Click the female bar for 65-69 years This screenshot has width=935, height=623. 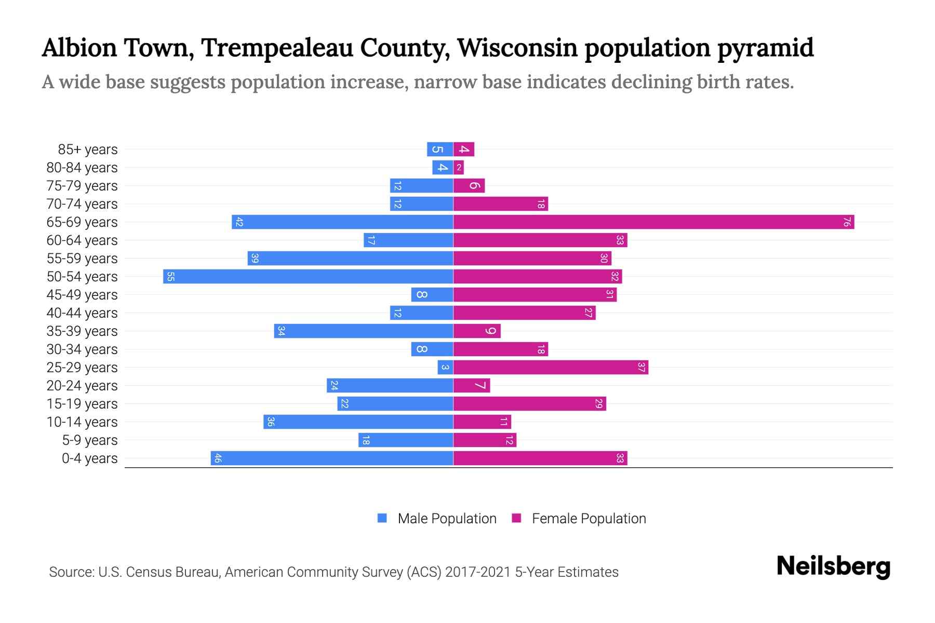653,222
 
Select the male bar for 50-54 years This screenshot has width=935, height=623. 308,277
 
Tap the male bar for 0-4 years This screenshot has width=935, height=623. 332,458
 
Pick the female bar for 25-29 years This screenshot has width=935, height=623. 551,368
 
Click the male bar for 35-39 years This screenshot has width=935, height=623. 364,331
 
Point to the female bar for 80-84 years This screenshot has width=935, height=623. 459,168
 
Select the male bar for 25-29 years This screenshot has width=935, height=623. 445,368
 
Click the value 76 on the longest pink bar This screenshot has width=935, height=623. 847,222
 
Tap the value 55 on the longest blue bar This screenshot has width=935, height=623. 170,277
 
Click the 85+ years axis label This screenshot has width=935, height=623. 88,150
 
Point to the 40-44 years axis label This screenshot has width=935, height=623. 82,313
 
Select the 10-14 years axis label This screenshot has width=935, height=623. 82,422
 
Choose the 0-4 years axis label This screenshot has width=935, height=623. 89,458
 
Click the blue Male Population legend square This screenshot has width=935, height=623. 382,518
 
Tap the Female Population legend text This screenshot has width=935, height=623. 589,519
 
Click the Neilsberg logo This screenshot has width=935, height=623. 833,566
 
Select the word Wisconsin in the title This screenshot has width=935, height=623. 517,48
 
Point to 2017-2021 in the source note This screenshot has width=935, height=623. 478,572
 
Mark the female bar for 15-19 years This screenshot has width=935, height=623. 530,404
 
